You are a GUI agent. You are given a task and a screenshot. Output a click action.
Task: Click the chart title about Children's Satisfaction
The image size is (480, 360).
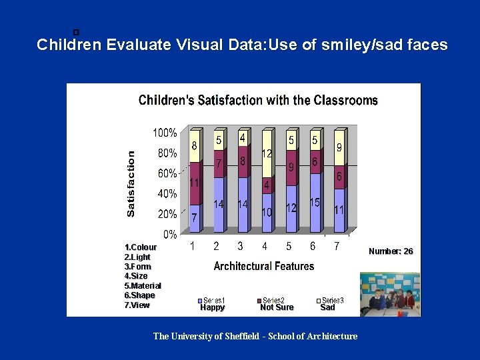coord(258,101)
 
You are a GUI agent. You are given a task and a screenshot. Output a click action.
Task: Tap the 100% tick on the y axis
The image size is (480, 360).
coord(165,133)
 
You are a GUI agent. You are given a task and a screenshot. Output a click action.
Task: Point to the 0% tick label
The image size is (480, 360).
coord(170,235)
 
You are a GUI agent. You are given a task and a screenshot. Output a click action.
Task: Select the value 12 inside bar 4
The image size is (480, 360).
coord(267,153)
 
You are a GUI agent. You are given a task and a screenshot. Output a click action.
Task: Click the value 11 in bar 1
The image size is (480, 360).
coord(194,182)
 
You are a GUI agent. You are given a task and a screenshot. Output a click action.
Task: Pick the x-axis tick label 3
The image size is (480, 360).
coord(240,247)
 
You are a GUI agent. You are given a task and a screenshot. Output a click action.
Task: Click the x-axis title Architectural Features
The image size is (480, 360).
coord(263,266)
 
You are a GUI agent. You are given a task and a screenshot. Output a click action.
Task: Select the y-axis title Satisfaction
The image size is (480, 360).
coord(131,183)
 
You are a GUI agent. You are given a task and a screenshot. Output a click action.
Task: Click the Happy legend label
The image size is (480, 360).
coord(213,307)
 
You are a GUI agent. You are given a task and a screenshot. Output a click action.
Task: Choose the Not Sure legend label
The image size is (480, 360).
coord(277,307)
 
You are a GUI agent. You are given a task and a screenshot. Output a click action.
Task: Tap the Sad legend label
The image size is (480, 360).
coord(327,307)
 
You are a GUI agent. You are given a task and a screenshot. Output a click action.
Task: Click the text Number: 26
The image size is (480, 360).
coord(391,251)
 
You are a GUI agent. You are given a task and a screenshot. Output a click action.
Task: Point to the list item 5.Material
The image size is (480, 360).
coord(143,285)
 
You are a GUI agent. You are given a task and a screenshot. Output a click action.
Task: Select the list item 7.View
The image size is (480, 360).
coord(137,305)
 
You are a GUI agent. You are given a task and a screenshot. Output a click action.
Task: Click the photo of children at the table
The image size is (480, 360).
coord(389,294)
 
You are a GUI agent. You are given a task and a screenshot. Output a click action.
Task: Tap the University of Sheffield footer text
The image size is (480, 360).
coord(255,336)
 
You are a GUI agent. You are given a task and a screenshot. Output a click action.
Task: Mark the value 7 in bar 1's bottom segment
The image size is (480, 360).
coord(194,218)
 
